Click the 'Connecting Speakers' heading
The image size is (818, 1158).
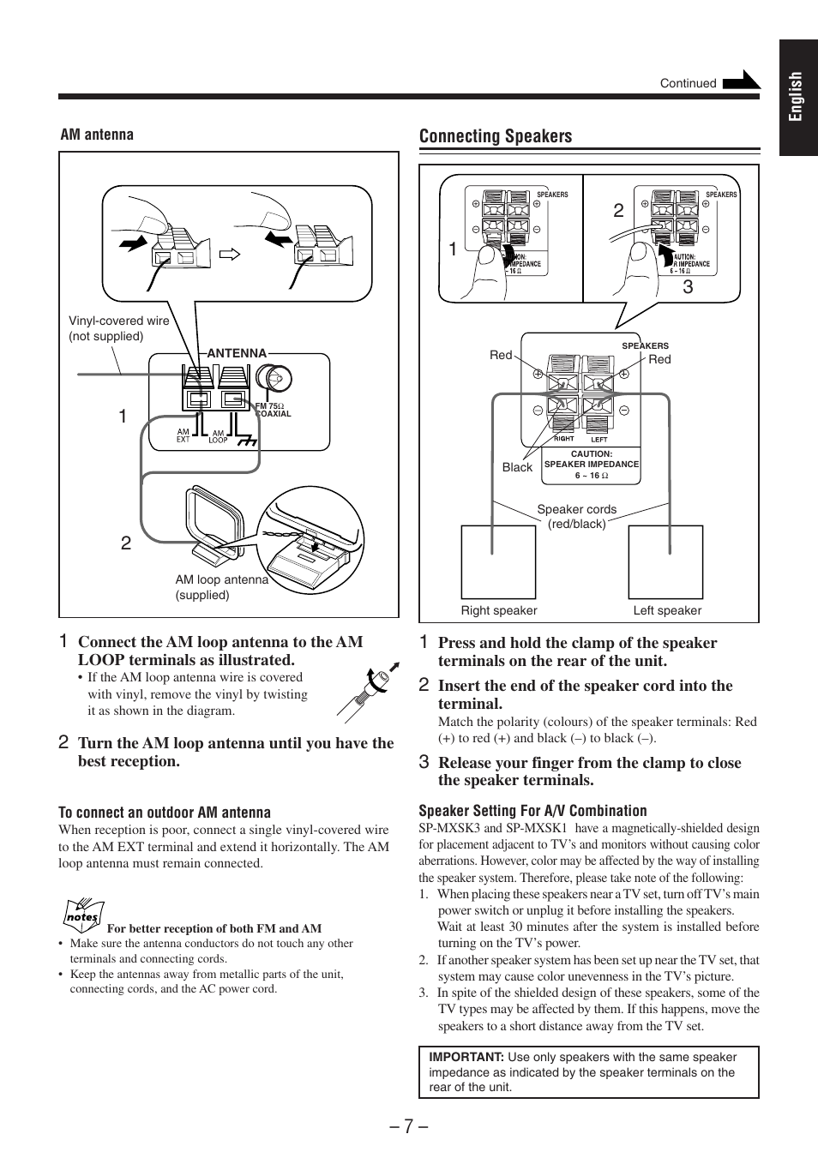coord(495,136)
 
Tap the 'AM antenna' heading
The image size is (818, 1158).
coord(97,135)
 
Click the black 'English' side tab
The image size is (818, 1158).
coord(797,97)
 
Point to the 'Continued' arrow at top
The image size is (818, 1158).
coord(741,81)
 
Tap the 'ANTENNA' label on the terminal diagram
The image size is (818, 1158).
coord(237,353)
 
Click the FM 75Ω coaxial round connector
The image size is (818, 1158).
coord(277,378)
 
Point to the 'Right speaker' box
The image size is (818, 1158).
coord(498,561)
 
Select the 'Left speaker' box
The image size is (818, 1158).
coord(665,561)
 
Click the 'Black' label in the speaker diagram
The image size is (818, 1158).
coord(517,467)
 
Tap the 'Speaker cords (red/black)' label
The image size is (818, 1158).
coord(576,516)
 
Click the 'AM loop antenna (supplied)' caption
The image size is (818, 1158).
coord(221,587)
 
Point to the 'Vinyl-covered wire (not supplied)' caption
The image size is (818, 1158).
coord(118,328)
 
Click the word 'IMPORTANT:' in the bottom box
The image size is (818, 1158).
coord(466,1057)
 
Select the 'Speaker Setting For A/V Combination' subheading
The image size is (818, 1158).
coord(532,811)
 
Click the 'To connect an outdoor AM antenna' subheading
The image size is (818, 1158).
coord(164,813)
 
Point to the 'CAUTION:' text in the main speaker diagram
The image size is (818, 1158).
coord(592,454)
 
